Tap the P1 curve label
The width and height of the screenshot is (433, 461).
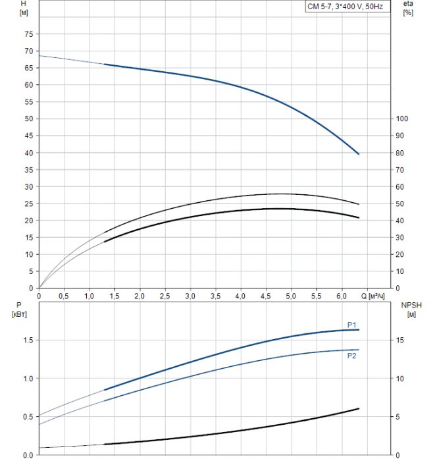[352, 324]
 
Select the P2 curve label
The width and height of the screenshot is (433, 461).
[352, 356]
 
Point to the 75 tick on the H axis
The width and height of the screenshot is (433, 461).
[28, 34]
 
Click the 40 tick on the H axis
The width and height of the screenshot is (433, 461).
[28, 153]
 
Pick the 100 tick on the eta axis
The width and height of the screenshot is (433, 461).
[403, 119]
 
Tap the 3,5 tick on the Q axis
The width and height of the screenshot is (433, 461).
[215, 296]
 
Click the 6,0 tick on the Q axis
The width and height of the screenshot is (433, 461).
[342, 296]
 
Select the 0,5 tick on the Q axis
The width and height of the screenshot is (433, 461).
[64, 296]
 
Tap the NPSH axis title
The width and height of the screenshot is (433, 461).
[410, 305]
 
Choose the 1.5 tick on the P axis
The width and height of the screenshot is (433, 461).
[27, 340]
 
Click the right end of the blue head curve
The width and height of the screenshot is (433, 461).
[359, 153]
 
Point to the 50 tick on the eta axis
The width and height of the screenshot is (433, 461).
[401, 204]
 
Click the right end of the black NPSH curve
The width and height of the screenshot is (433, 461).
[359, 408]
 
